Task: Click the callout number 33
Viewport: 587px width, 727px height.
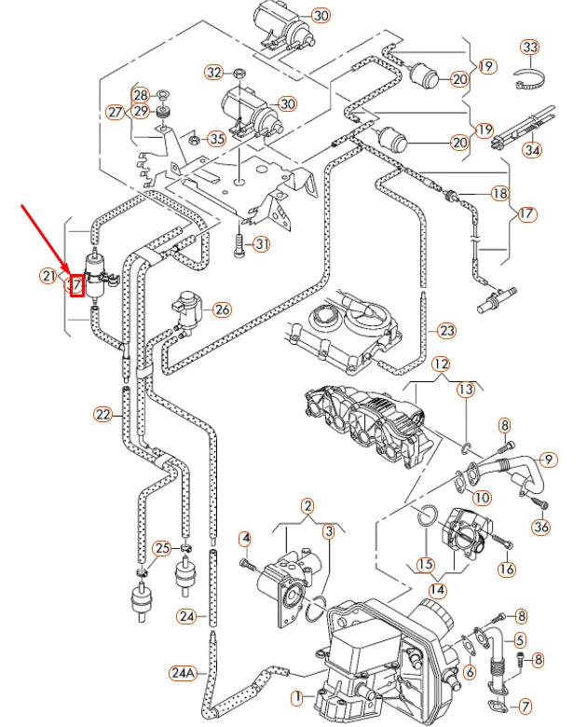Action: click(529, 47)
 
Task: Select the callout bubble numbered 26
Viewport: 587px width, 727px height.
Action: click(221, 309)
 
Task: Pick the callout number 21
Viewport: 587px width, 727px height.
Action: click(48, 275)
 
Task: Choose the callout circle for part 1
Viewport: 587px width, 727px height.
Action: click(298, 696)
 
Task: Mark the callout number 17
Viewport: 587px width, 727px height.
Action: click(527, 213)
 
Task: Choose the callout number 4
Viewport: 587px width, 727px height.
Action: click(245, 538)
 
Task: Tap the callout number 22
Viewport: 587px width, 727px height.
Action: click(102, 414)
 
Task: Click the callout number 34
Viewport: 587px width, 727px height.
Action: click(532, 149)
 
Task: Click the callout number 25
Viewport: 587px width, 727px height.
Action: click(163, 548)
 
